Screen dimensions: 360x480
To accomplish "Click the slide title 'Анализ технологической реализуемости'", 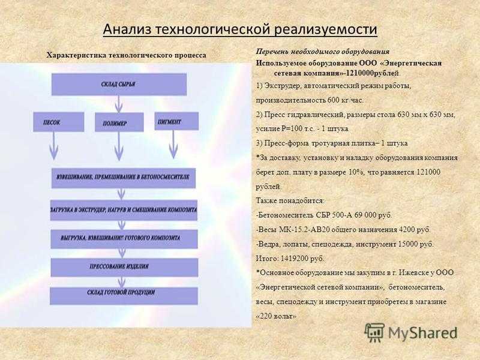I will coord(240,29).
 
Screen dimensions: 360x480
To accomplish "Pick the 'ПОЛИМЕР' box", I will coord(119,122).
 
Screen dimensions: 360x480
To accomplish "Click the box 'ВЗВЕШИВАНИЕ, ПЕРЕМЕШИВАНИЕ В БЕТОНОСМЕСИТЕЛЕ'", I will coord(124,178).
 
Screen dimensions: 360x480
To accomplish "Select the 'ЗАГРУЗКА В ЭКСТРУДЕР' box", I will coord(124,210).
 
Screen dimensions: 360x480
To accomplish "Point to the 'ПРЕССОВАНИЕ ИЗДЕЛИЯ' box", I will coord(124,266).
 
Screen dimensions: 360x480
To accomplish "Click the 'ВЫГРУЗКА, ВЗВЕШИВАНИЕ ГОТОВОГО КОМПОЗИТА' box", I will coord(124,239).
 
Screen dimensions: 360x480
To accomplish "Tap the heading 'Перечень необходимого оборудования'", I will coord(323,52).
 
